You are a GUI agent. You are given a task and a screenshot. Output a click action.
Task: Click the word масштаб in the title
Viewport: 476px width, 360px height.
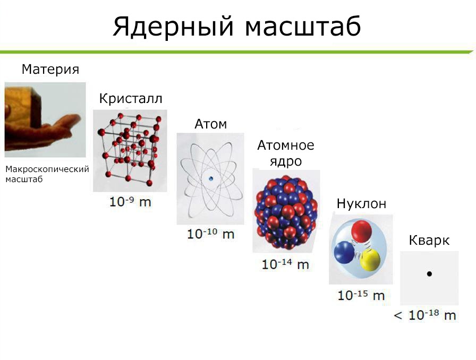(303, 27)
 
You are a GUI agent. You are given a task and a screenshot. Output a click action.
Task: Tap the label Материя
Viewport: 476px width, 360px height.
(50, 70)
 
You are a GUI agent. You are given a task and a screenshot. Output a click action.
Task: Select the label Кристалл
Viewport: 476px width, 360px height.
(131, 99)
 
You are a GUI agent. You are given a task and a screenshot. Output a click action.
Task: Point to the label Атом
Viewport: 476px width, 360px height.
(211, 124)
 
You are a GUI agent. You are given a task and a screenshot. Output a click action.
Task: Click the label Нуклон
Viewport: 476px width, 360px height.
(361, 204)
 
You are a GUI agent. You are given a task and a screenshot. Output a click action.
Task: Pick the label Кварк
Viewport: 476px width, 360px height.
(429, 241)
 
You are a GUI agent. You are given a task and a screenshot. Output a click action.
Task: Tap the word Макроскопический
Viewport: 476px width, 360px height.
(47, 169)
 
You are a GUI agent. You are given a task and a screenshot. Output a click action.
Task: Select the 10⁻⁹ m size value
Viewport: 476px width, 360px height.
(130, 202)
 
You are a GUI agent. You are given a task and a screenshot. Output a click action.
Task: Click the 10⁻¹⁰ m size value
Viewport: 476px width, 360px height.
(210, 234)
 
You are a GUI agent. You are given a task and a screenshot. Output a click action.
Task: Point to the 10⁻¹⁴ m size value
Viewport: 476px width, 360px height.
(285, 264)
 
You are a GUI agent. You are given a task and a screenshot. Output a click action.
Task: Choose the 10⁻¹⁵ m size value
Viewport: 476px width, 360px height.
(361, 295)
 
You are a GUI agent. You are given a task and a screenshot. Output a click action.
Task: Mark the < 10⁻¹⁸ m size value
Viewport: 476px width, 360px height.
(425, 315)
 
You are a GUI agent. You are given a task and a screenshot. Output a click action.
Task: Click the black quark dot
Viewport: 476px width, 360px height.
(429, 273)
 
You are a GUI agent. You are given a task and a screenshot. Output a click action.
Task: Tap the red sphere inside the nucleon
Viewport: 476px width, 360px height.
(362, 231)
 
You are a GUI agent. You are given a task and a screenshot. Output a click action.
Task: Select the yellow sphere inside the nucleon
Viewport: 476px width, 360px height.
(370, 259)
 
